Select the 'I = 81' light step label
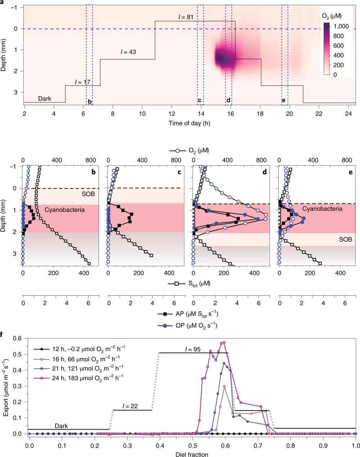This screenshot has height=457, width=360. tap(186, 17)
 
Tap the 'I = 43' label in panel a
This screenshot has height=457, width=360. tap(128, 52)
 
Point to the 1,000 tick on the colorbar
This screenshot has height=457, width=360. tap(341, 26)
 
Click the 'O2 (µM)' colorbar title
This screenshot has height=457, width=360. tap(332, 16)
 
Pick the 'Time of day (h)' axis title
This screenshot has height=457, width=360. tap(189, 123)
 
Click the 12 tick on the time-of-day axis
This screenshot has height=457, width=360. tap(172, 113)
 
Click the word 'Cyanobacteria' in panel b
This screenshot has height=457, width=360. tap(64, 210)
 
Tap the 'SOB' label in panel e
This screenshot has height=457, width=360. tap(345, 239)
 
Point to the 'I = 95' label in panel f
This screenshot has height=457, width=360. tap(193, 349)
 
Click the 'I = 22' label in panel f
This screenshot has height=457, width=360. tap(130, 406)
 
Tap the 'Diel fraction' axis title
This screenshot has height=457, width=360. tap(192, 454)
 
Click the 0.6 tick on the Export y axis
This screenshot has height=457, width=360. tap(17, 338)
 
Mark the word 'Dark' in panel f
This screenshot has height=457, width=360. tap(61, 426)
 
